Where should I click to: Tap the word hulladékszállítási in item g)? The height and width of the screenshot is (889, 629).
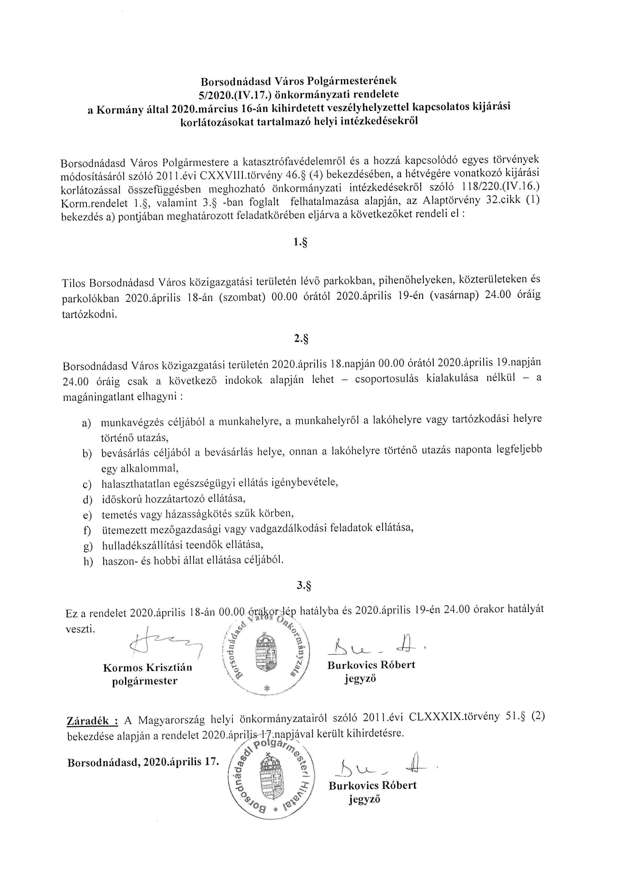click(141, 545)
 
